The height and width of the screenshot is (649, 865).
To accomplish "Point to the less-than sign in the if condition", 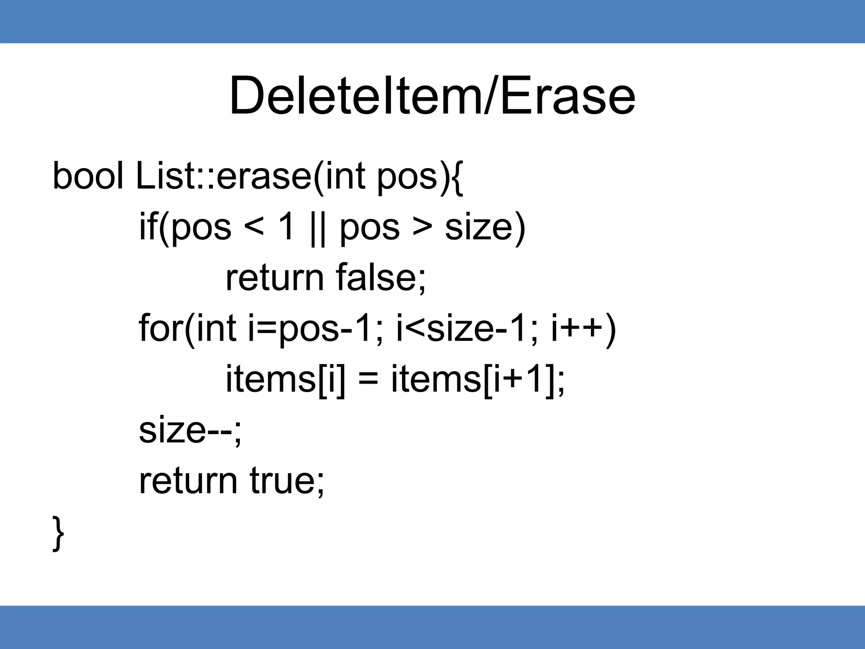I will point(254,227).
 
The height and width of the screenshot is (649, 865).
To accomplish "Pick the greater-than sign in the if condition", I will point(422,227).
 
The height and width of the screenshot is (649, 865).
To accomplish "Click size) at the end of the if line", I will point(485,228).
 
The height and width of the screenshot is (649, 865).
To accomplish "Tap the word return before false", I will point(275,279).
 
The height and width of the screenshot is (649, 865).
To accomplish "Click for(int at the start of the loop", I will point(188,329).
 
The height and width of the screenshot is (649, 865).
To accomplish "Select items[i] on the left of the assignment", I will point(285,379).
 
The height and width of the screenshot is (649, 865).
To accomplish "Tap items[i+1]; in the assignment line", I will point(478,379).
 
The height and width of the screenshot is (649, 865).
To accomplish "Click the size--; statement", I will point(190,430).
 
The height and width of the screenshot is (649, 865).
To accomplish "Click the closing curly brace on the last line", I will point(58,533).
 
